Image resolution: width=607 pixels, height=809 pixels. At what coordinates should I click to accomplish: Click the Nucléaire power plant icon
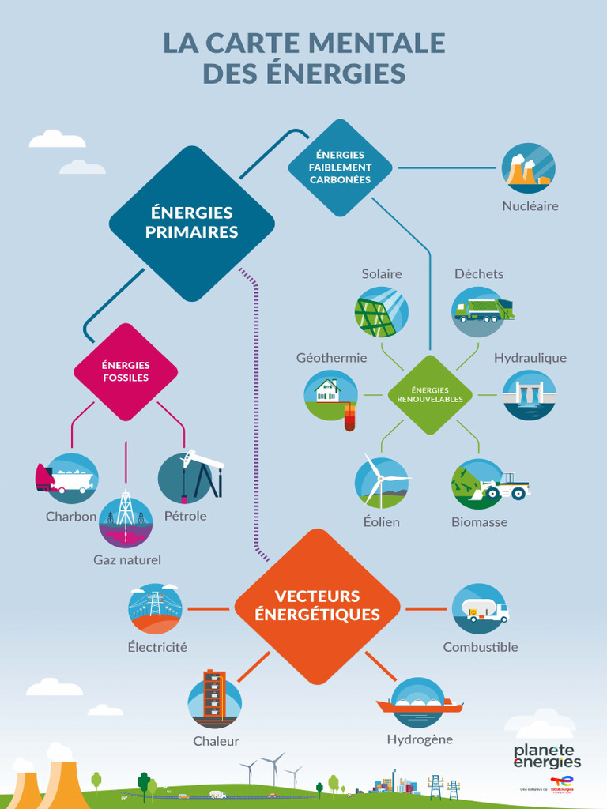pos(528,168)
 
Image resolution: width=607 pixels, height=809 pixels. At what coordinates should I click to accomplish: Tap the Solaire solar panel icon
pos(381,312)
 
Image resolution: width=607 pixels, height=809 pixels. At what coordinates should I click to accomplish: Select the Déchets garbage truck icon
pos(480,310)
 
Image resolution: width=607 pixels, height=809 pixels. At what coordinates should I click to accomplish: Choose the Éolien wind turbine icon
pos(381,482)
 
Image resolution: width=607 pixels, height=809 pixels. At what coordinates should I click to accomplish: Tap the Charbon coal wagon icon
pos(70,479)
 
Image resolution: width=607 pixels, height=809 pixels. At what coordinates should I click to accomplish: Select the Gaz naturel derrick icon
pos(126,521)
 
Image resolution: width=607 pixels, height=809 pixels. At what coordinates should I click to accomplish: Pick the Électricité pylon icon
pos(155,608)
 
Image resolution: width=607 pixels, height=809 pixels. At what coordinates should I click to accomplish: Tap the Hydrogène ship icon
pos(417,702)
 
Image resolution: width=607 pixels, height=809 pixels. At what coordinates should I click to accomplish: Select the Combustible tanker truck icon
pos(480,609)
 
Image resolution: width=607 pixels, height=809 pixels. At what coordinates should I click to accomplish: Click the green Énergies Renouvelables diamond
pos(430,394)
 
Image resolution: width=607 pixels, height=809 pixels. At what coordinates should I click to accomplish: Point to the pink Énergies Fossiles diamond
pos(126,371)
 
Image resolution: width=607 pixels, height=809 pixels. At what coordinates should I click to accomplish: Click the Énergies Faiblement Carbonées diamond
pos(340,167)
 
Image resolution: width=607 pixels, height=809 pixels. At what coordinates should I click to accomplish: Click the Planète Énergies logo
pos(547,756)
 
